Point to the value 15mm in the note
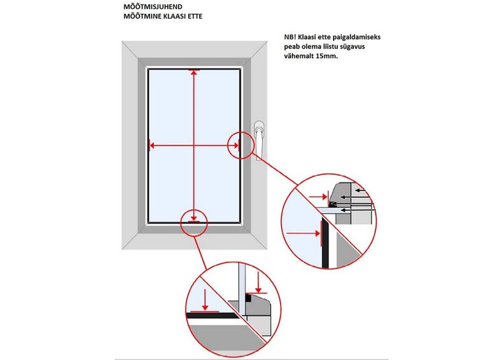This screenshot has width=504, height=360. coord(326,56)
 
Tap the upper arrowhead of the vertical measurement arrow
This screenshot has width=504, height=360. coord(193,73)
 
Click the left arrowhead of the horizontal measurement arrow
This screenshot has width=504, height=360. coord(152,146)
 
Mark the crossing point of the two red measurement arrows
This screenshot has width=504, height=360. coord(193,146)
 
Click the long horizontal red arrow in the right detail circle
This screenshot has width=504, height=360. coord(303,234)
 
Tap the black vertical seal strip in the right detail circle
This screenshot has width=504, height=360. coord(325,242)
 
